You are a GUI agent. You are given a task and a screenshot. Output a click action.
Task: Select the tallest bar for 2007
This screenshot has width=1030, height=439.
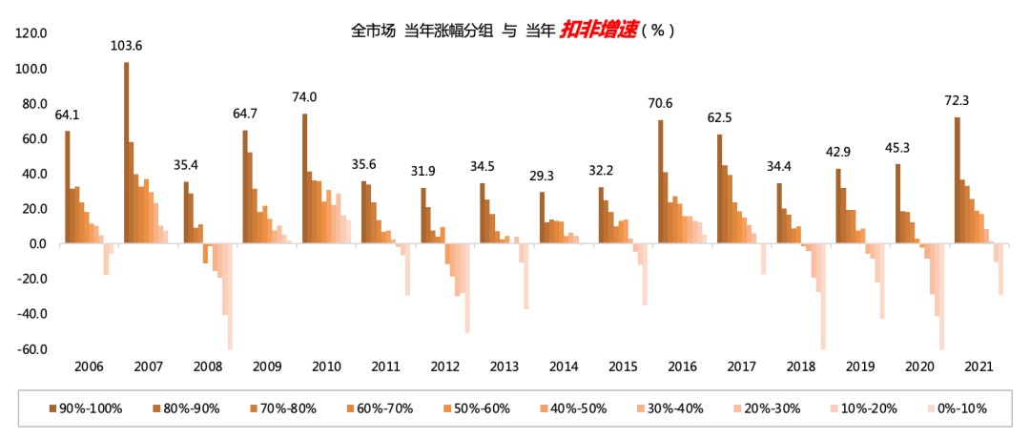point(127,153)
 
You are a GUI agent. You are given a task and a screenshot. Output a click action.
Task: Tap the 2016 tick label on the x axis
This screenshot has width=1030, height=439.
point(682,366)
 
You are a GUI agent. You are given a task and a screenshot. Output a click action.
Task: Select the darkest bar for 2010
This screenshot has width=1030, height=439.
point(305,178)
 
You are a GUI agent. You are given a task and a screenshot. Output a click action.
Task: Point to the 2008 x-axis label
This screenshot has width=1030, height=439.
point(207,366)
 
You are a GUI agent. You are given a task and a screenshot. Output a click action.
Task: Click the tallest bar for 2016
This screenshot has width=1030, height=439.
point(660,181)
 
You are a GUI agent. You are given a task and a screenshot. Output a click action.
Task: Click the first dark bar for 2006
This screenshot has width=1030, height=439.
point(68,187)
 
